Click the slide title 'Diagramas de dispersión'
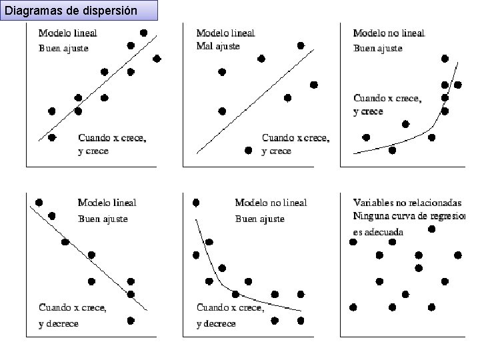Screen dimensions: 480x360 (71, 11)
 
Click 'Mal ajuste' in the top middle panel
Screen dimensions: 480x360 (218, 46)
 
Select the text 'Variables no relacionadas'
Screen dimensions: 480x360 (407, 202)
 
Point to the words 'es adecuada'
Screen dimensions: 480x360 (378, 231)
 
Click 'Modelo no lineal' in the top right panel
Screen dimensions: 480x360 (389, 33)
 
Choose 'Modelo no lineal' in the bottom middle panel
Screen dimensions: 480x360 (271, 203)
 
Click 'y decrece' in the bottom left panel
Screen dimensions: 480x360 (59, 323)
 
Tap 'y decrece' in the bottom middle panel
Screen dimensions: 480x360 (216, 323)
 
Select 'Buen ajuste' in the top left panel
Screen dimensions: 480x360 (63, 47)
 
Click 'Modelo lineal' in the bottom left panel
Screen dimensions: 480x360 (107, 203)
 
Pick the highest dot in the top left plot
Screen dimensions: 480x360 (143, 33)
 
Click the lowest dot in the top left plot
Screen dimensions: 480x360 (52, 137)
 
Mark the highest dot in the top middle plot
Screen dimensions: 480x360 (301, 45)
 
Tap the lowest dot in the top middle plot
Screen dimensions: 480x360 (248, 151)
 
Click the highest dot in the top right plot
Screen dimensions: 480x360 (445, 59)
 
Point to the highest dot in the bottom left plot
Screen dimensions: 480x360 (39, 202)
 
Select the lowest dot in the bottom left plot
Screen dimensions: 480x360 (131, 320)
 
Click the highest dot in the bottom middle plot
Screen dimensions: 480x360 (196, 202)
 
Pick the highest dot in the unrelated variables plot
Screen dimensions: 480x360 (431, 229)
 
